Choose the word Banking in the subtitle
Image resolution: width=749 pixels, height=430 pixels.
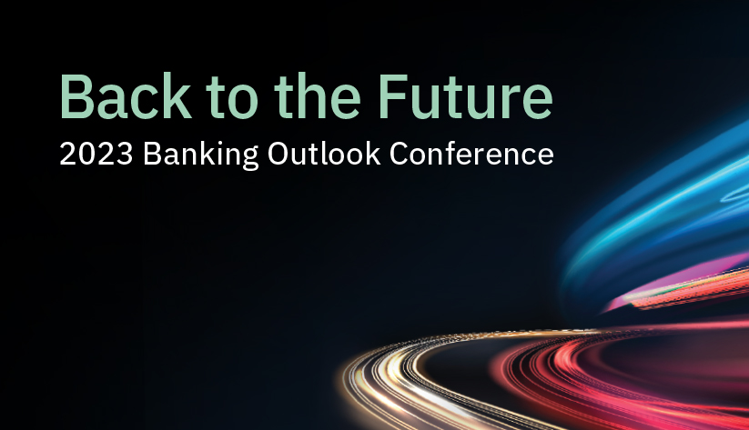pos(200,155)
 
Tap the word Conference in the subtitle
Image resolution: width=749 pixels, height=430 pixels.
pos(471,154)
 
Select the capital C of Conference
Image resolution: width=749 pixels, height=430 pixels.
pos(400,154)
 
